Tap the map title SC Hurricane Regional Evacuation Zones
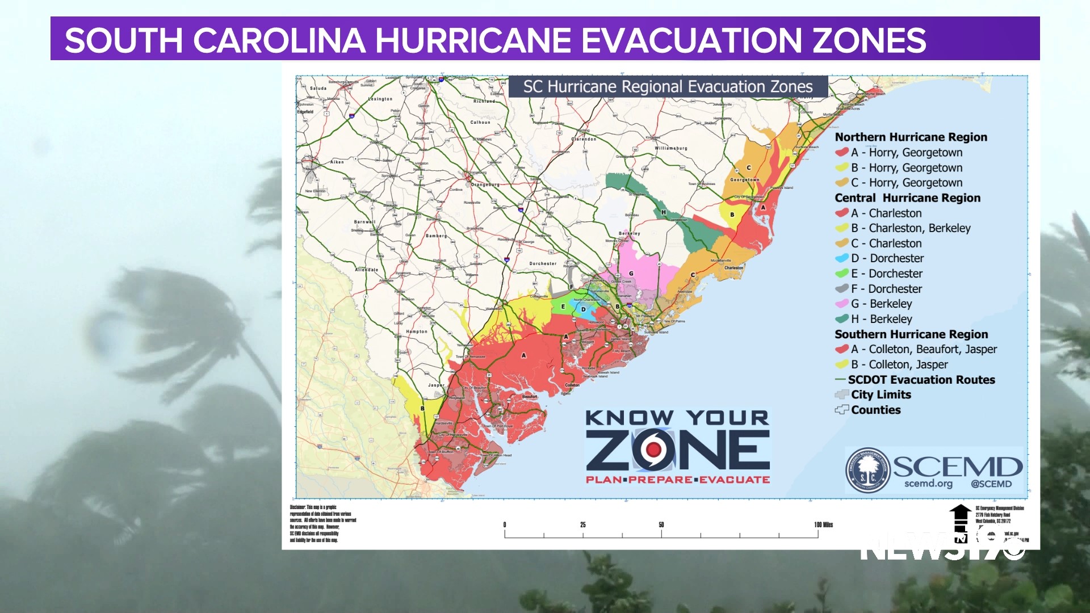pyautogui.click(x=668, y=87)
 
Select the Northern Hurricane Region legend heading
pyautogui.click(x=911, y=137)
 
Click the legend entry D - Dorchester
pyautogui.click(x=887, y=258)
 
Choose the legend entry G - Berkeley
pyautogui.click(x=881, y=304)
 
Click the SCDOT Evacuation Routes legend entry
pyautogui.click(x=921, y=380)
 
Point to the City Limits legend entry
pyautogui.click(x=881, y=394)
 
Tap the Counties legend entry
pyautogui.click(x=875, y=410)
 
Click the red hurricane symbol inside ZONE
pyautogui.click(x=654, y=450)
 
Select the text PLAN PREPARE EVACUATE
pyautogui.click(x=678, y=480)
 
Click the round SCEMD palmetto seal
pyautogui.click(x=867, y=471)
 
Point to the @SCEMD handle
pyautogui.click(x=991, y=484)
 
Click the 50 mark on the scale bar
pyautogui.click(x=661, y=524)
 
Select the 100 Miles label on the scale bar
pyautogui.click(x=823, y=524)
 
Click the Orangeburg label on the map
pyautogui.click(x=485, y=184)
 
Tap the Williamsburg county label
pyautogui.click(x=670, y=148)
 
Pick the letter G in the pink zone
pyautogui.click(x=631, y=274)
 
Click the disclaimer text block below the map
pyautogui.click(x=323, y=523)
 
